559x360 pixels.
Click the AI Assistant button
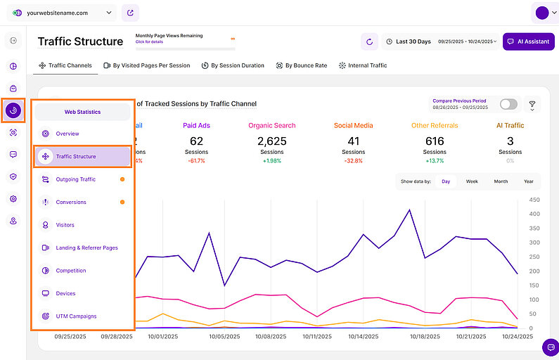point(528,41)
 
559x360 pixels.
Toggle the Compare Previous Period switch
point(508,104)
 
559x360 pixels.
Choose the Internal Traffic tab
point(363,65)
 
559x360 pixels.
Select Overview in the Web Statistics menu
point(68,134)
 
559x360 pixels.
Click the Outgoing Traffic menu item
point(76,179)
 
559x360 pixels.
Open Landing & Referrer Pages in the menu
point(86,247)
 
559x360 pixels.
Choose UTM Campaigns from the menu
point(76,316)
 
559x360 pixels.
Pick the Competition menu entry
point(71,271)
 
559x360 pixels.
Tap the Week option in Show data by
point(472,181)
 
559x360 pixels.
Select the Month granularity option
point(501,181)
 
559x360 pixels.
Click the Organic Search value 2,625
point(271,141)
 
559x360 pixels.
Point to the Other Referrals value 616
point(435,141)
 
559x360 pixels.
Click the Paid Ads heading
point(196,126)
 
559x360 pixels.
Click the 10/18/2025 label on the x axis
point(425,337)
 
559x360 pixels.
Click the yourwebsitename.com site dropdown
point(63,13)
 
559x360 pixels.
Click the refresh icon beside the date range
point(369,41)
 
